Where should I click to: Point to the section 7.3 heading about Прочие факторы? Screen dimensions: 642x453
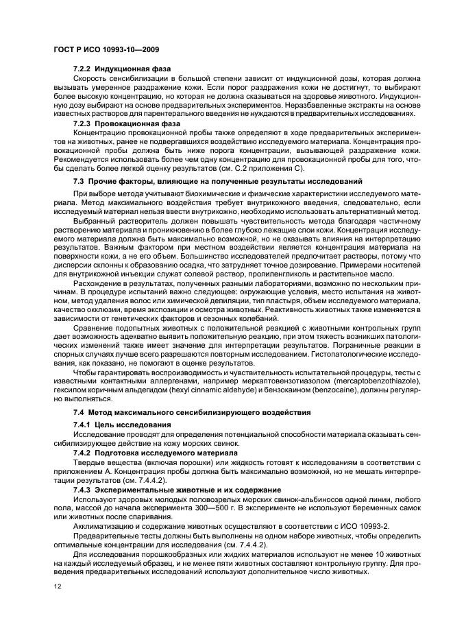click(x=218, y=181)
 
